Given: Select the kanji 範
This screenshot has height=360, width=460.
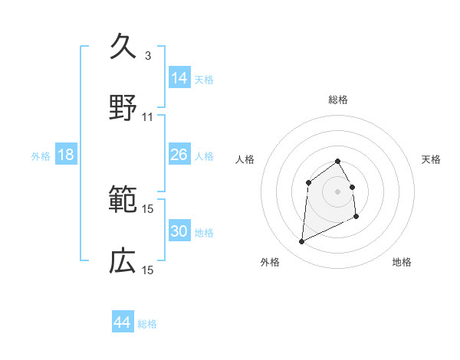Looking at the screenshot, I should click(123, 200).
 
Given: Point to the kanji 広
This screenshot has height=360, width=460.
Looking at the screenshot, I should click(123, 261).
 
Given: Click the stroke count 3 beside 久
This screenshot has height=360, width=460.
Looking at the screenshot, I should click(148, 56).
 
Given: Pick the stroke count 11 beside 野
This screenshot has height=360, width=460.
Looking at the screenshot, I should click(148, 117).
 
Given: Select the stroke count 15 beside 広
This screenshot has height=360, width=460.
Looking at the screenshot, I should click(148, 270).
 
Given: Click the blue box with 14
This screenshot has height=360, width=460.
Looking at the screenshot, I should click(179, 78).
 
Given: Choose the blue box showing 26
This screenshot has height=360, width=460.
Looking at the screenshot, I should click(179, 155).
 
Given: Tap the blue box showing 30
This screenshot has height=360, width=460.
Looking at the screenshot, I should click(179, 231).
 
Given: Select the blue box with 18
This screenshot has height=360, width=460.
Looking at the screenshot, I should click(66, 155).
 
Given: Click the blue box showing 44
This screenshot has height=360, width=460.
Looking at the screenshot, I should click(123, 322).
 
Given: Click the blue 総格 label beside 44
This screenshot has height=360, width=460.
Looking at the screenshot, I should click(147, 324).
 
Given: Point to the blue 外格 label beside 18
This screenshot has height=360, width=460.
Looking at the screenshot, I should click(41, 156).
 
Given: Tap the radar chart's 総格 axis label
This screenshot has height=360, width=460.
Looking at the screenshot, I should click(338, 100).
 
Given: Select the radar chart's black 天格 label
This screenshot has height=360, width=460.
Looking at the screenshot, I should click(431, 159).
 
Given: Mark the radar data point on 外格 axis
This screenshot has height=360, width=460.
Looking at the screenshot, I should click(301, 242).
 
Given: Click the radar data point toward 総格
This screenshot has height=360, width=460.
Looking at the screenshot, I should click(338, 161).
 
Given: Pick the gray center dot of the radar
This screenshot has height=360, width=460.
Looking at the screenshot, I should click(338, 191).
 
